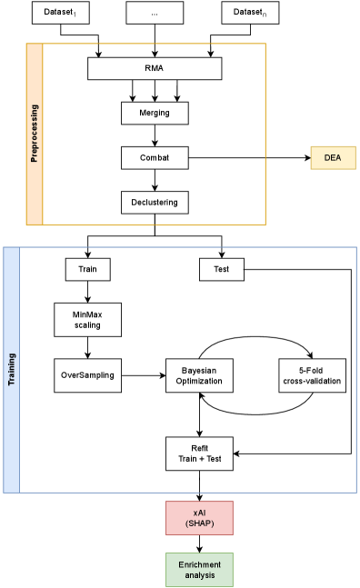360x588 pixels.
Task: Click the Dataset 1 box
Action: click(x=61, y=13)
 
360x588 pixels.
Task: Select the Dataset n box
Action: click(x=250, y=13)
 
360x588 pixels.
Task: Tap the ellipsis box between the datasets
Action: click(x=155, y=13)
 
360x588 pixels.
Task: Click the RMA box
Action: click(x=155, y=68)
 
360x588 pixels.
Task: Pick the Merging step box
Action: click(x=155, y=113)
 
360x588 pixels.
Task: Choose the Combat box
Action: click(x=155, y=157)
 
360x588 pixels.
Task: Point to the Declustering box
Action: click(x=155, y=202)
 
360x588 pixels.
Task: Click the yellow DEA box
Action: click(x=333, y=157)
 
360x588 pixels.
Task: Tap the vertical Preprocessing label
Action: click(x=35, y=134)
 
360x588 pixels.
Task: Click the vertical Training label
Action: click(x=12, y=369)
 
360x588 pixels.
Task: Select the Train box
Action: click(x=87, y=269)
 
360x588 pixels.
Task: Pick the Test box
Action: click(x=221, y=269)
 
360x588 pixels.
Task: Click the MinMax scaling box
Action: click(x=87, y=319)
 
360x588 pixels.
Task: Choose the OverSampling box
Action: click(x=87, y=374)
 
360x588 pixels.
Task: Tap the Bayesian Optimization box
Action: click(x=199, y=374)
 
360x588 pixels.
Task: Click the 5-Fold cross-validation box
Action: click(x=311, y=374)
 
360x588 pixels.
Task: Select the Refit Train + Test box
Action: click(x=199, y=453)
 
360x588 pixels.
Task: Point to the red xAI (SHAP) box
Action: click(x=199, y=517)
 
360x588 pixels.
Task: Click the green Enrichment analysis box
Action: click(x=199, y=570)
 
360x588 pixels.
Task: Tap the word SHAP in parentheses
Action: click(x=199, y=523)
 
